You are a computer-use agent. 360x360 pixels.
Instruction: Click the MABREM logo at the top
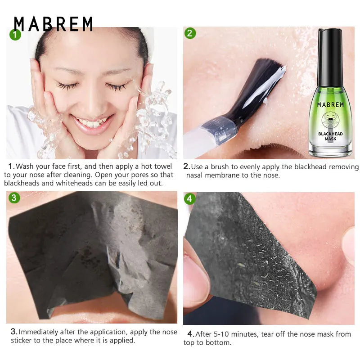(x=53, y=23)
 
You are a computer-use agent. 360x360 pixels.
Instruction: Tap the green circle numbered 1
(x=15, y=35)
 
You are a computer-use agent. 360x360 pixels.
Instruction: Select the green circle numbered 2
(x=190, y=33)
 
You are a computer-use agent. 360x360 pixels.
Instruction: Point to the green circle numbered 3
(x=14, y=198)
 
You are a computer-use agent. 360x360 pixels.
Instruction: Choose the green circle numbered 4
(x=189, y=199)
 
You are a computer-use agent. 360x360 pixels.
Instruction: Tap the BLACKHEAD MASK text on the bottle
(x=330, y=136)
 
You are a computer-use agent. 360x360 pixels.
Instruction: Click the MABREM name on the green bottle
(x=330, y=105)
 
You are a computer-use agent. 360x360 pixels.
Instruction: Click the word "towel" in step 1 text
(x=163, y=166)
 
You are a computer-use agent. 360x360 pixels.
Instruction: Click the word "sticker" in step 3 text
(x=21, y=340)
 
